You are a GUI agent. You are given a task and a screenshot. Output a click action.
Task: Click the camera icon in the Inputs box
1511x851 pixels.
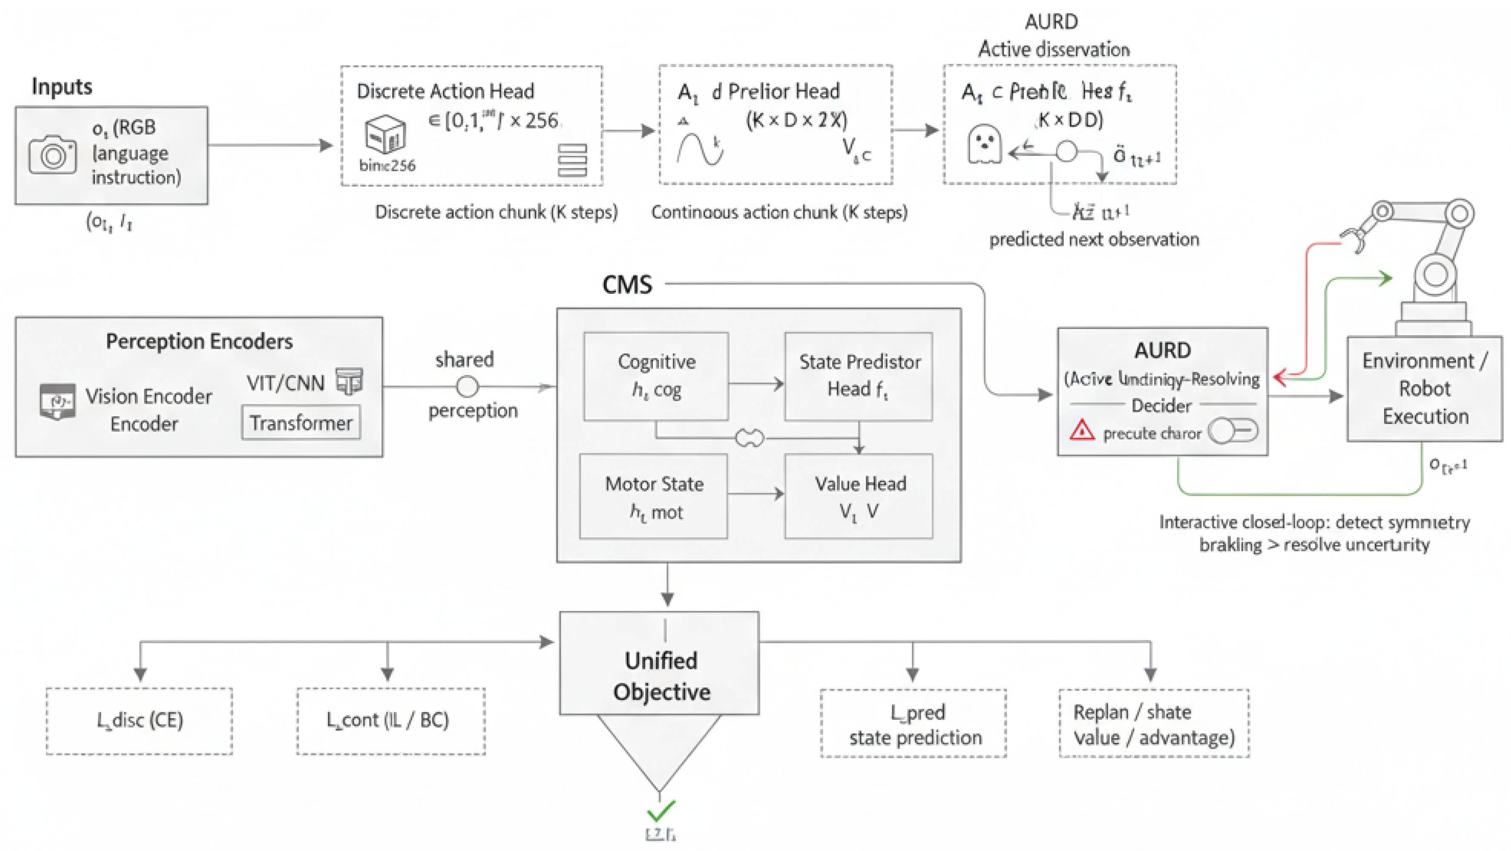[x=52, y=155]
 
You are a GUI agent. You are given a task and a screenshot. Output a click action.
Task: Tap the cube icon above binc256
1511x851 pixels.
[x=385, y=134]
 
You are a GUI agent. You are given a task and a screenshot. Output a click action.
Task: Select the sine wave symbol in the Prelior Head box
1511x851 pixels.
[x=699, y=149]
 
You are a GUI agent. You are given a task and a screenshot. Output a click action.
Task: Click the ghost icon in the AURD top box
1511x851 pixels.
[x=984, y=144]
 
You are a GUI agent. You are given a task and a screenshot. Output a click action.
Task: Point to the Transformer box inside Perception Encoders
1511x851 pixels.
[x=301, y=423]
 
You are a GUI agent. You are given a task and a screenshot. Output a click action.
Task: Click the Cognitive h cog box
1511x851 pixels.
[x=656, y=376]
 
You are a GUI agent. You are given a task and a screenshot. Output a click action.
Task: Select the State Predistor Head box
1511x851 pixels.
[x=858, y=376]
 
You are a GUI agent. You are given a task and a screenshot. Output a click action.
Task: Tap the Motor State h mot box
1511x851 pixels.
[x=653, y=496]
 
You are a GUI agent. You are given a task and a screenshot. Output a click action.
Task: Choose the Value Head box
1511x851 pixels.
[x=858, y=496]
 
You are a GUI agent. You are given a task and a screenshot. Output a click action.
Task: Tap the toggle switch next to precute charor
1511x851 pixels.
[x=1233, y=432]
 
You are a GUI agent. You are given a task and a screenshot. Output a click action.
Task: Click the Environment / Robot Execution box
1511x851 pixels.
[x=1424, y=388]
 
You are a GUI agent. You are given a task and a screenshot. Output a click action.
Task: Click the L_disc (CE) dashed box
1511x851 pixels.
[x=140, y=721]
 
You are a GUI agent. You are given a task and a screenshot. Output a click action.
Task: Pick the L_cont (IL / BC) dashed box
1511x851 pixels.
[x=391, y=721]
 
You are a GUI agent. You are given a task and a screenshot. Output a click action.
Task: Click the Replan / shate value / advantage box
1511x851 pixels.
[x=1153, y=724]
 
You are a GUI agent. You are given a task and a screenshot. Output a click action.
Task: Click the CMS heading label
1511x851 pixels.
[x=626, y=285]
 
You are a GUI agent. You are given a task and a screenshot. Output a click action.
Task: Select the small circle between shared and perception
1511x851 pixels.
[x=467, y=387]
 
